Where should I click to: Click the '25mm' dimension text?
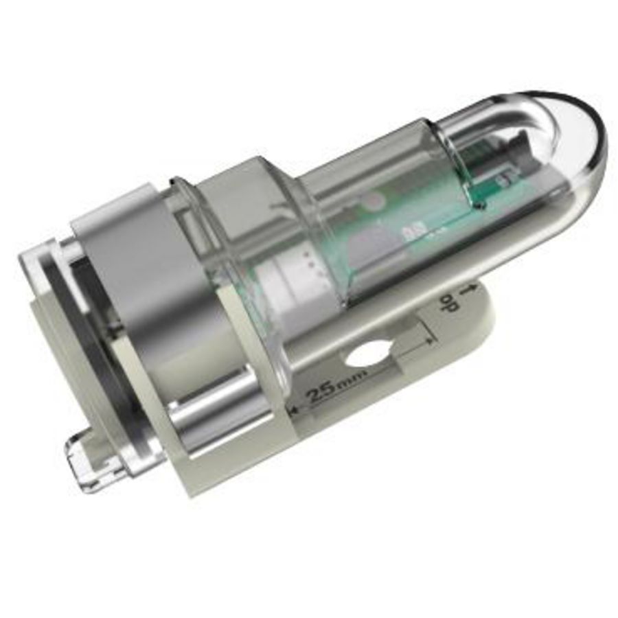coord(334,392)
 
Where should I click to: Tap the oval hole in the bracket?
coord(367,356)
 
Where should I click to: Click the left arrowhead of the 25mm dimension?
coord(294,410)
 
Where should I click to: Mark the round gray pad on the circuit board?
coord(374,201)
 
